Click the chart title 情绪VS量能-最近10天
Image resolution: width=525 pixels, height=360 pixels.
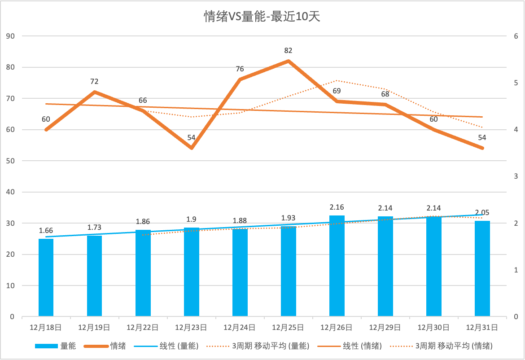(262, 17)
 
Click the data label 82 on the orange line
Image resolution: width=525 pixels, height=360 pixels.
(288, 51)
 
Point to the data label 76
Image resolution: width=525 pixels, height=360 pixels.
(240, 69)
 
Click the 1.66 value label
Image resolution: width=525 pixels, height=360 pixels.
(46, 230)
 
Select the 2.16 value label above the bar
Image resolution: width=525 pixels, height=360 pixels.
(337, 207)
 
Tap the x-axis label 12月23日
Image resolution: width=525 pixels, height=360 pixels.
(191, 328)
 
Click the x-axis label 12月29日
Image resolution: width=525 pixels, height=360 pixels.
(385, 328)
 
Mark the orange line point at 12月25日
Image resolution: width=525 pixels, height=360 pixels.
(289, 61)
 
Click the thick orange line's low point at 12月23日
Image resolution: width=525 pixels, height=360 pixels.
(192, 148)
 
